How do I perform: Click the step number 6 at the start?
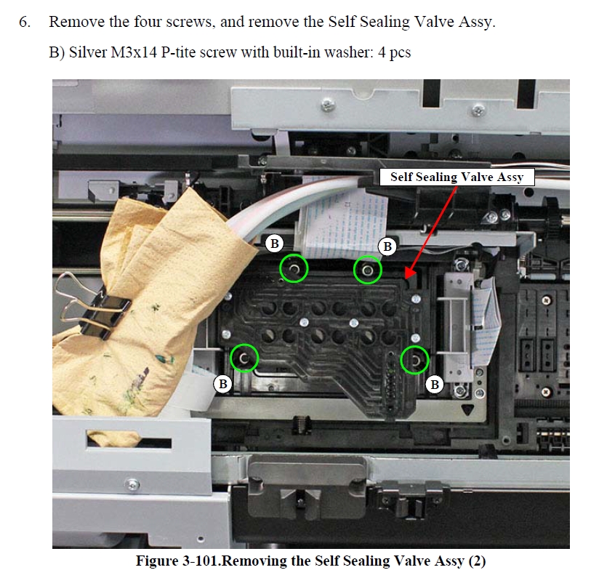coord(25,22)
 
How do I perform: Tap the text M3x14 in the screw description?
coord(134,52)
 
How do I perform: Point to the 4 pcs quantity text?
coord(394,52)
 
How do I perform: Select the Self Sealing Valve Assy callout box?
coord(457,177)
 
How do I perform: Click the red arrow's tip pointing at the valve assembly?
coord(405,278)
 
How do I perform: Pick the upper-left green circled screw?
coord(294,268)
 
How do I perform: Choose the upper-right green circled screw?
coord(367,270)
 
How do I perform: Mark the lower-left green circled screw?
coord(244,358)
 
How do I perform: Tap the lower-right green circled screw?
coord(414,360)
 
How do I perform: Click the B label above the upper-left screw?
coord(275,244)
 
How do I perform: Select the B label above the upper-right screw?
coord(387,246)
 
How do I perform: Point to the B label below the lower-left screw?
coord(223,384)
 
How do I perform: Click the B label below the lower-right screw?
coord(435,385)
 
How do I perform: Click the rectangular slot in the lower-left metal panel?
coord(129,441)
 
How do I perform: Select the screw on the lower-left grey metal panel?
coord(132,484)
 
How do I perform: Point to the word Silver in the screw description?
coord(88,52)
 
